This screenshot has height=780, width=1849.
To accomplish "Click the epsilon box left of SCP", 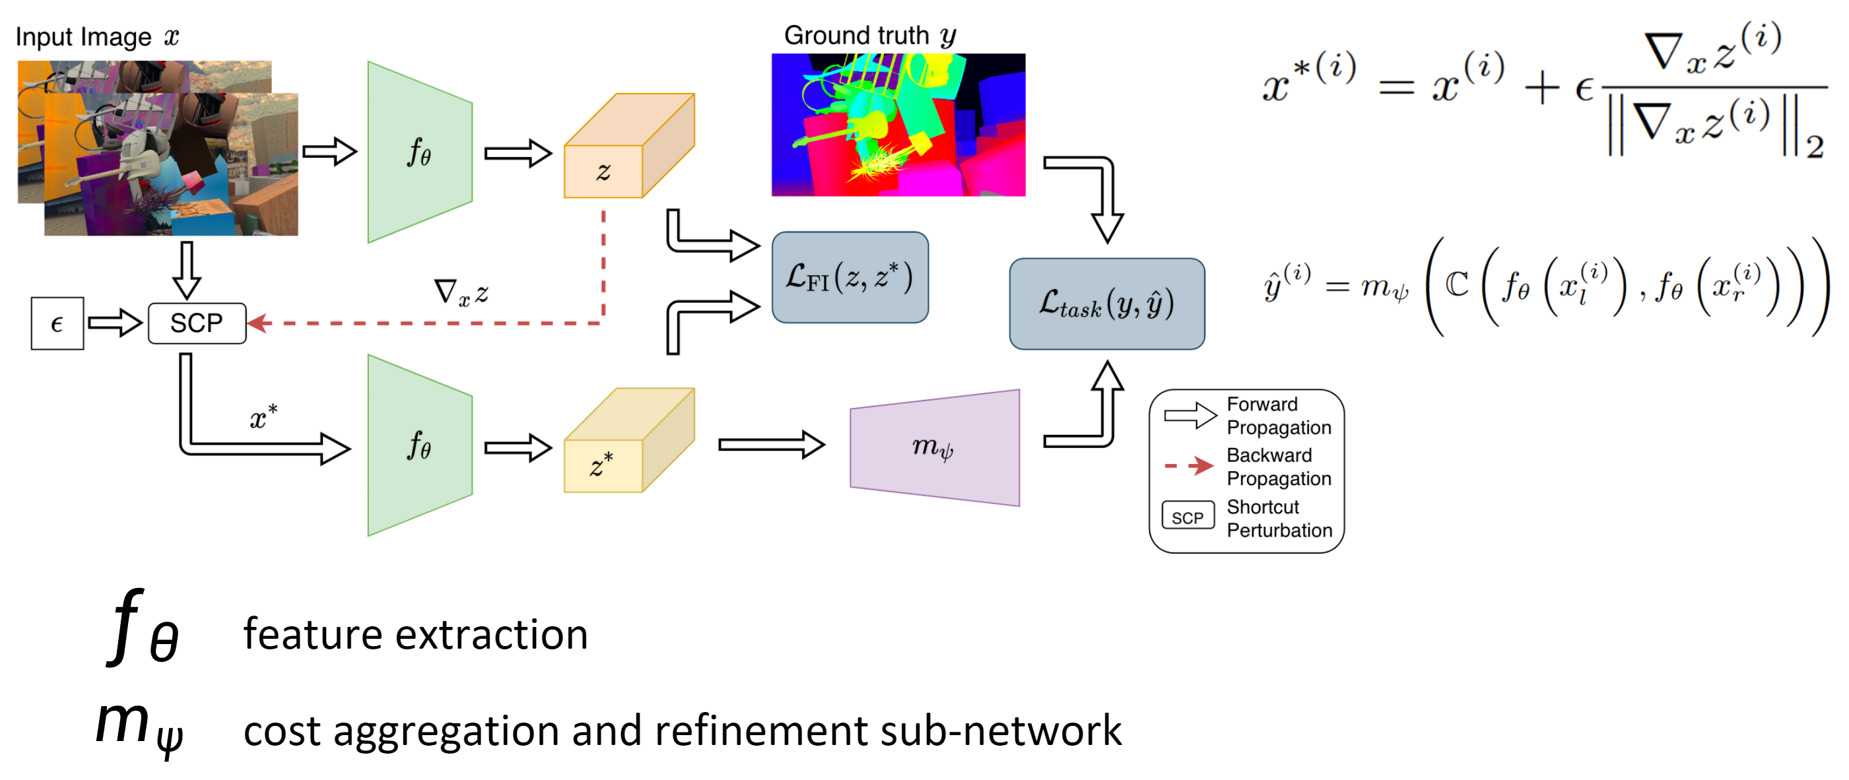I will point(57,323).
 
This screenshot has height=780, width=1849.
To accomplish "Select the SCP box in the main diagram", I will point(197,323).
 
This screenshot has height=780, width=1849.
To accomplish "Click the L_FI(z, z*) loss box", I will point(850,278).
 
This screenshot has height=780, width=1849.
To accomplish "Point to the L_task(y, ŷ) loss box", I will point(1106,304).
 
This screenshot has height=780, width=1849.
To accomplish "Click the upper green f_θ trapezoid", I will point(419,152).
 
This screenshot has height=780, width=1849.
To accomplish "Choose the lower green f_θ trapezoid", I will point(419,445).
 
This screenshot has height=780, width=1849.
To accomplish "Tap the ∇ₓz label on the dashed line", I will point(461,293).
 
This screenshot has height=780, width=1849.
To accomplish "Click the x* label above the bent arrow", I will point(263,417).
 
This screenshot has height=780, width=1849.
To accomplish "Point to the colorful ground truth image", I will point(898,125).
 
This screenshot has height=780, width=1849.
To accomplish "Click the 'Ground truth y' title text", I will point(869,35).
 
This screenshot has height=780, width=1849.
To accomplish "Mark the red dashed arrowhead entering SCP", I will point(258,323).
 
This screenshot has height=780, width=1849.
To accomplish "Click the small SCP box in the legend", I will point(1187,517).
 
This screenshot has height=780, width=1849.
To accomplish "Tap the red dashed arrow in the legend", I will point(1189,467).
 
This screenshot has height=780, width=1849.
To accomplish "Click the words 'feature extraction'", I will point(416,634).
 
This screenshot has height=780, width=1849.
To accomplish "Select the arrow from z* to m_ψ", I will point(771,445).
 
